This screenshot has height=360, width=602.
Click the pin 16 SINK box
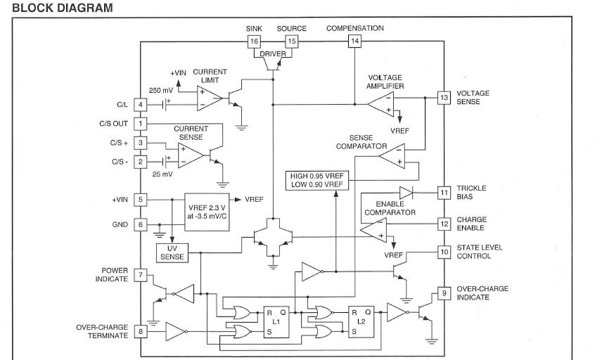point(255,41)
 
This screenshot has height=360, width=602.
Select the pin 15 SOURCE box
point(291,41)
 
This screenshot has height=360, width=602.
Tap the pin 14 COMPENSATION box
point(355,41)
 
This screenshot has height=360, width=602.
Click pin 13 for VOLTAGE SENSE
point(444,98)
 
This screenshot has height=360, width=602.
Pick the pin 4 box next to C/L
point(140,105)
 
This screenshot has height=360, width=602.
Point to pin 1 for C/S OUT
point(140,124)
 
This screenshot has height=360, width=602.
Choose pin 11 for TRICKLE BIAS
point(444,192)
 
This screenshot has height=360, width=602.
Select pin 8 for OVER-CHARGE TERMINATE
point(140,330)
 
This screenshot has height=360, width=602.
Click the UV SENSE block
point(172,253)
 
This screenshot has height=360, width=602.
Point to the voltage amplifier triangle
point(380,104)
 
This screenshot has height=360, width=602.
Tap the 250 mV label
point(161,90)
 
